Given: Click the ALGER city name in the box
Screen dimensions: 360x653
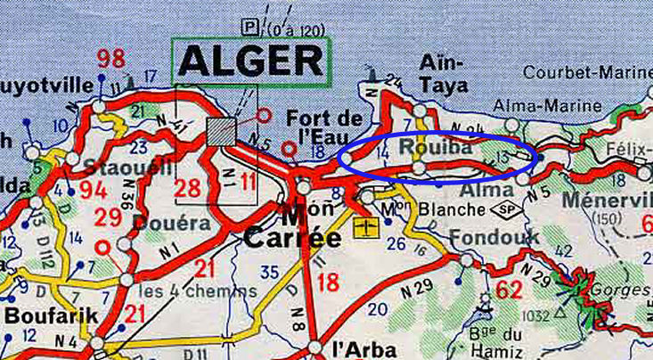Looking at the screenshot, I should coord(250,61).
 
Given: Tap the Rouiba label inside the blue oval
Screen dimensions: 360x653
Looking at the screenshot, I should coord(437,148).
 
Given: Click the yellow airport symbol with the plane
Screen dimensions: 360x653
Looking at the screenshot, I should coord(363,228).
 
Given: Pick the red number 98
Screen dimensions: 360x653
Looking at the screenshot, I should coord(111,61).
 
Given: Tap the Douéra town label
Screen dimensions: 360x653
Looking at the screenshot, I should coord(174,223).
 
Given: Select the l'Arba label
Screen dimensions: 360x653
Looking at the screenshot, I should coord(356,348).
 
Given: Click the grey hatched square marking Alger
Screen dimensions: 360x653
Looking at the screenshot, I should coord(222,131).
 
